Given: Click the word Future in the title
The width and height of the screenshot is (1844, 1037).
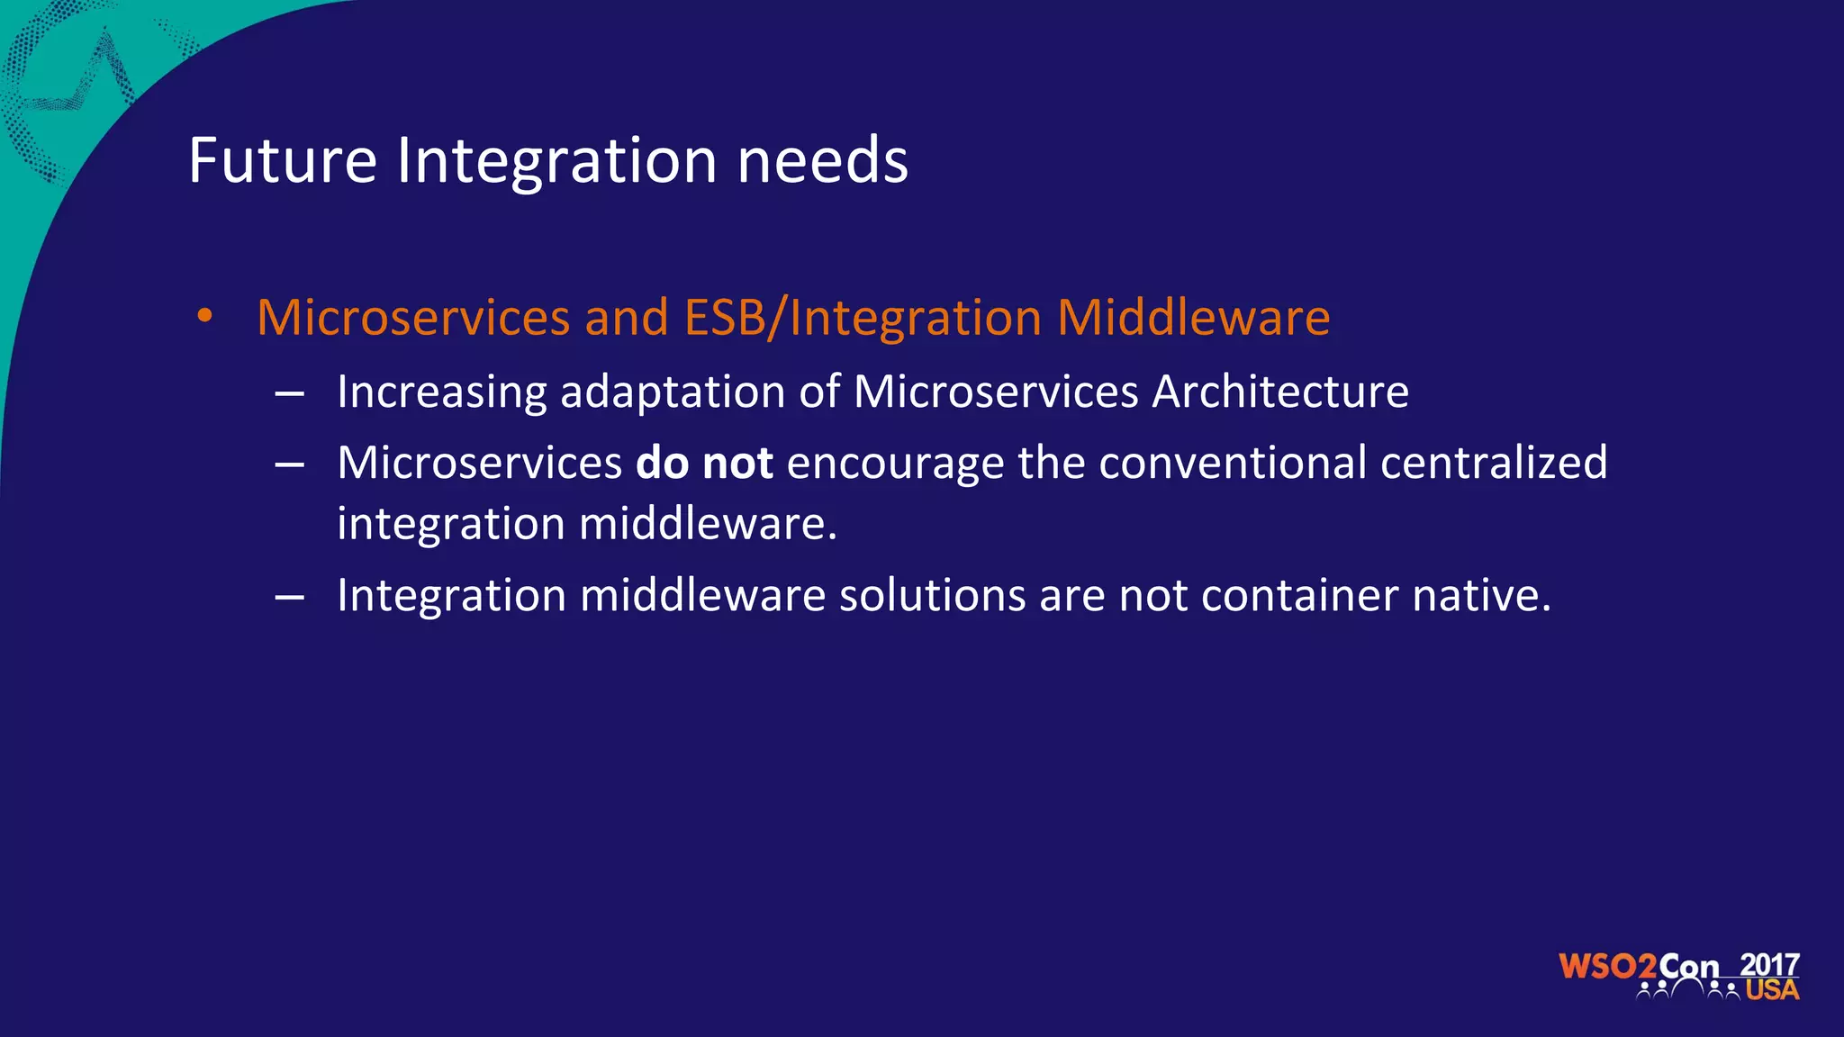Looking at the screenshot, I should coord(283,161).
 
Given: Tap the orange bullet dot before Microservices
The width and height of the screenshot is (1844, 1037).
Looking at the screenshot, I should coord(205,316).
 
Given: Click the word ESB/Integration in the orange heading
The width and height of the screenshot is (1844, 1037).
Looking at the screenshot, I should coord(863,318).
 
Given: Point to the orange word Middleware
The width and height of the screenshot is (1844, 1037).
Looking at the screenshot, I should coord(1193,318).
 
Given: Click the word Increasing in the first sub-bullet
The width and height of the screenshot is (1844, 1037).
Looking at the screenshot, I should coord(441,392).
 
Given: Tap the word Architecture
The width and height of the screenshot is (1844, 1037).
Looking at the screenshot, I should coord(1280,392).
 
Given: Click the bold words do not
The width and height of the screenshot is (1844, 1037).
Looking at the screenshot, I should coord(704,463).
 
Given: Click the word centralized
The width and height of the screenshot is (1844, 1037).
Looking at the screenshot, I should coord(1494,463).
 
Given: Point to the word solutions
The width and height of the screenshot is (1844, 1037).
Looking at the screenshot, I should coord(932,595).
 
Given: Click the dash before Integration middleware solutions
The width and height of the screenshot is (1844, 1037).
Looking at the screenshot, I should coord(289,597).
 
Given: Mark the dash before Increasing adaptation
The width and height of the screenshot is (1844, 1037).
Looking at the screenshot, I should coord(289,394).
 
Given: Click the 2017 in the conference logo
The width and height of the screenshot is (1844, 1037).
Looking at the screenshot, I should coord(1769,965).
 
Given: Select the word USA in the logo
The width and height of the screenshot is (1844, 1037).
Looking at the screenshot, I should coord(1772,990).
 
